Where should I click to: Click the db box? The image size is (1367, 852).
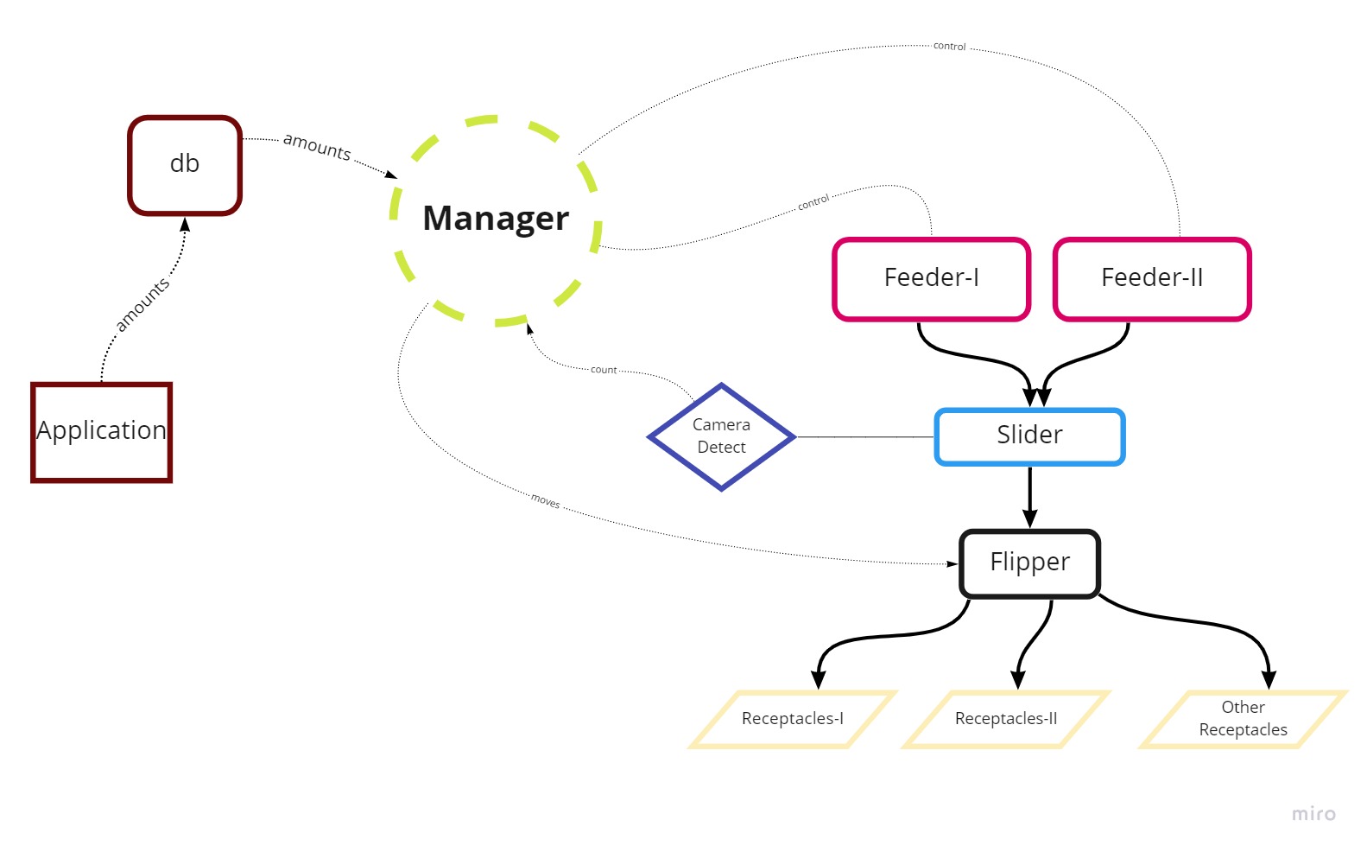(185, 164)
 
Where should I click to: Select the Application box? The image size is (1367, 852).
(101, 431)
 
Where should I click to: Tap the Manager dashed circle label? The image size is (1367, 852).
(496, 219)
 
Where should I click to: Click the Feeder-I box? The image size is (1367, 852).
(931, 278)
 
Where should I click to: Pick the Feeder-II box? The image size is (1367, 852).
(1152, 278)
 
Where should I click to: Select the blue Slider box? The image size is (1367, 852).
(1029, 436)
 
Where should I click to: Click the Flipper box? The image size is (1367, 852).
(1029, 563)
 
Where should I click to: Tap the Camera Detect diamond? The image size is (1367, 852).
(721, 436)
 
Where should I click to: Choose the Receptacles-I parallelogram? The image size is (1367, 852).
(792, 719)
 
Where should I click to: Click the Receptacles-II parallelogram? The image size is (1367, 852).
(1005, 719)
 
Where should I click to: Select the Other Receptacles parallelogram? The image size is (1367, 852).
(1243, 719)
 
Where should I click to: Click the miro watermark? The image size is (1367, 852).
(1313, 814)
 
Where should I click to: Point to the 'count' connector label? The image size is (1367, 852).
(604, 370)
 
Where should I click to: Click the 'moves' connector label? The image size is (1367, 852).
(545, 501)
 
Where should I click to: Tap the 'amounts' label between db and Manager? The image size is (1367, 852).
(317, 147)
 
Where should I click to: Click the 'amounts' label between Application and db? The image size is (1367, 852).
(142, 305)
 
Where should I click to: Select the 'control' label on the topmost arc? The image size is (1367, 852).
(949, 46)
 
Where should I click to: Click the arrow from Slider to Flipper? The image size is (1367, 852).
(1029, 497)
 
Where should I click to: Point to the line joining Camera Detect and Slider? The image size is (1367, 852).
(864, 437)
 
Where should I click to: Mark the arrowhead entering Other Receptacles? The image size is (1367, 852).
(1269, 679)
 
